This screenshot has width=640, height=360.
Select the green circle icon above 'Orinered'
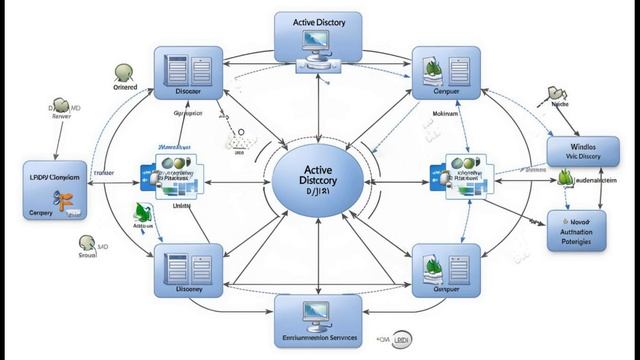point(124,71)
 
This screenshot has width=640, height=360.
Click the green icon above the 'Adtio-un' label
point(143,212)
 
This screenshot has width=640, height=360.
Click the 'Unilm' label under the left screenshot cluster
point(182,204)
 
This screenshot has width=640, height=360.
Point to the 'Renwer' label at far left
point(63,116)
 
